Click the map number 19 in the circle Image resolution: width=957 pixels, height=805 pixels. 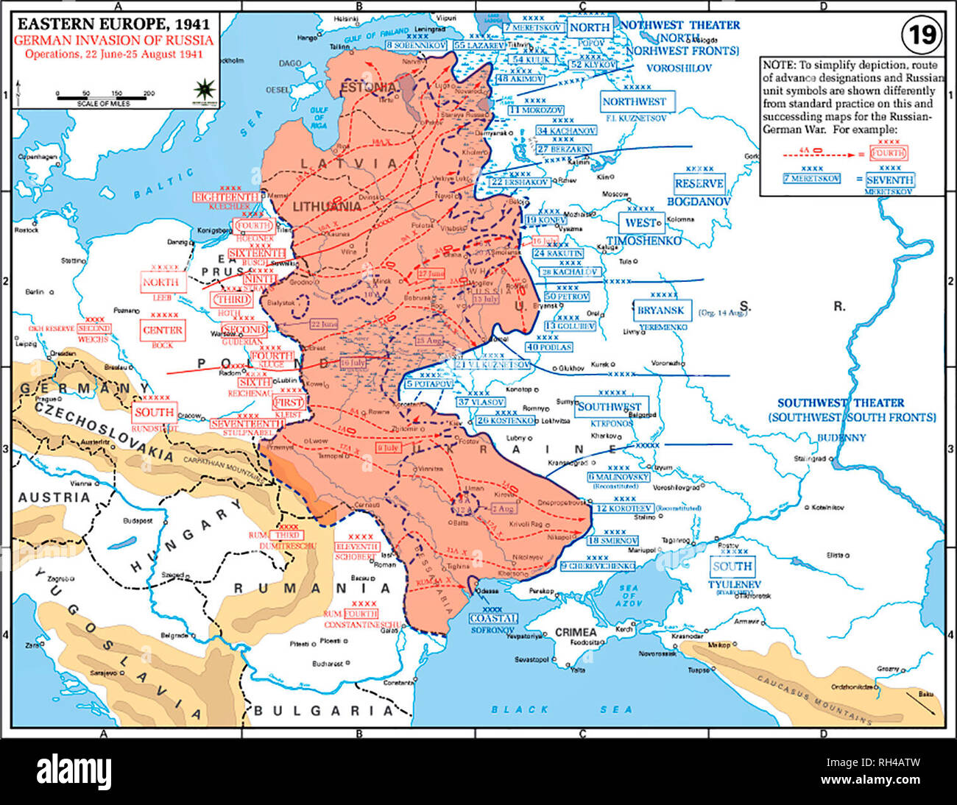point(921,35)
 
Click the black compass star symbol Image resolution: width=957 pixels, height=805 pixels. point(202,89)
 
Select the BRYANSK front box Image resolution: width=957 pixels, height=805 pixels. point(660,311)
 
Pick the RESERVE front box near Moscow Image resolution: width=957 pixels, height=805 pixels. point(699,184)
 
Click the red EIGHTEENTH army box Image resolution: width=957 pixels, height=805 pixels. point(226,197)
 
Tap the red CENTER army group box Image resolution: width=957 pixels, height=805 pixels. point(163,330)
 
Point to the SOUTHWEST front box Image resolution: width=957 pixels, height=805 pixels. point(609,407)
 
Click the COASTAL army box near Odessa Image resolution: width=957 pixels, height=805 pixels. point(492,618)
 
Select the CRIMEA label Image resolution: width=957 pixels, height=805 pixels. point(576,632)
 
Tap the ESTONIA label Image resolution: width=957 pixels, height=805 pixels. point(368,87)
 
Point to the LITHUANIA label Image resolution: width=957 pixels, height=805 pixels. point(327,207)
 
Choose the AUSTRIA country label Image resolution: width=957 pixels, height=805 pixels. point(54,497)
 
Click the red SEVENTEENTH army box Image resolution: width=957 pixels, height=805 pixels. point(246,424)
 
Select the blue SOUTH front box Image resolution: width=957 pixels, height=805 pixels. point(732,567)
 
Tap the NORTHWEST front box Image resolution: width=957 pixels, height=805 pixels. point(633,102)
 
